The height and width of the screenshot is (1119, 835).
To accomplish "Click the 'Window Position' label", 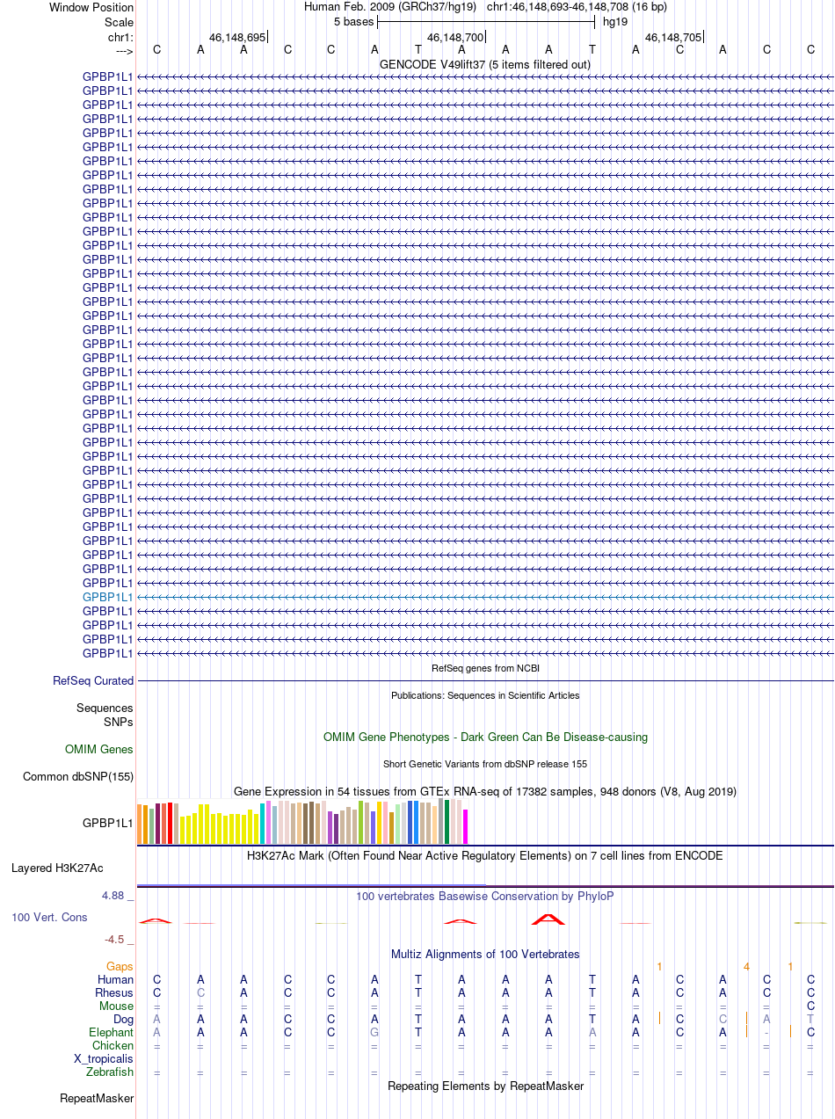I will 91,7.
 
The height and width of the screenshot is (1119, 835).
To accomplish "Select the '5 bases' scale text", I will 353,21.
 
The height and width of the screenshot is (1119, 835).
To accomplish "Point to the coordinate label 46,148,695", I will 236,38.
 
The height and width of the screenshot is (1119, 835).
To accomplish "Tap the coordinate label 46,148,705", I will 672,38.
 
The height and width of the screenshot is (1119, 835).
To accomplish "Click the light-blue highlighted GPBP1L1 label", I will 107,597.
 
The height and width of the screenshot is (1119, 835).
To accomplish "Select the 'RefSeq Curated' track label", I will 93,680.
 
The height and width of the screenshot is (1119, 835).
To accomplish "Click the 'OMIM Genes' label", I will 98,750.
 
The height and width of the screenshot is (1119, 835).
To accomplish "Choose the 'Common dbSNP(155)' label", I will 78,776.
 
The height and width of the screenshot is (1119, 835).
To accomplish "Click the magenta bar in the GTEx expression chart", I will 466,826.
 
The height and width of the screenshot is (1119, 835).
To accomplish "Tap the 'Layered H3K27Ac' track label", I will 57,868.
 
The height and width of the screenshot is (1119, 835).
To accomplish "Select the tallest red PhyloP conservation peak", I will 548,918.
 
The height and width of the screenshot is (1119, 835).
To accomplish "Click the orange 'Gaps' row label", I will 120,966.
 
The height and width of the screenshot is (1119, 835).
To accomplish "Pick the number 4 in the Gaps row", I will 745,967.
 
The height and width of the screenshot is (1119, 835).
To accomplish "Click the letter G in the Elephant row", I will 374,1032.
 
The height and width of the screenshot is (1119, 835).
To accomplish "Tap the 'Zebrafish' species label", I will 110,1072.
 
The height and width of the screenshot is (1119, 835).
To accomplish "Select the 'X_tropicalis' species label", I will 104,1058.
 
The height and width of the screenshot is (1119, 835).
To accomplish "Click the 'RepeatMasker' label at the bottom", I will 97,1098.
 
